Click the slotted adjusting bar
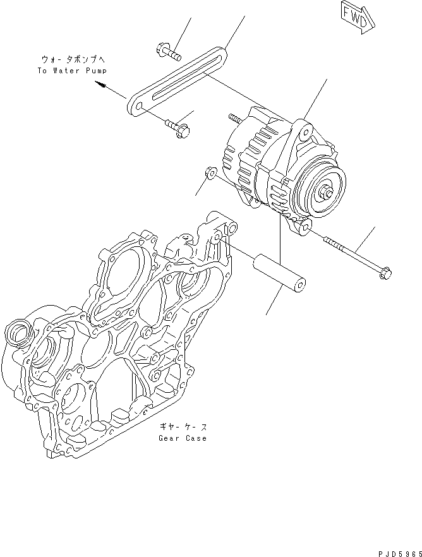[178, 79]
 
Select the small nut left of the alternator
[210, 172]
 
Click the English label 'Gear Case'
[183, 438]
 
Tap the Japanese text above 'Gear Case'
[183, 427]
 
